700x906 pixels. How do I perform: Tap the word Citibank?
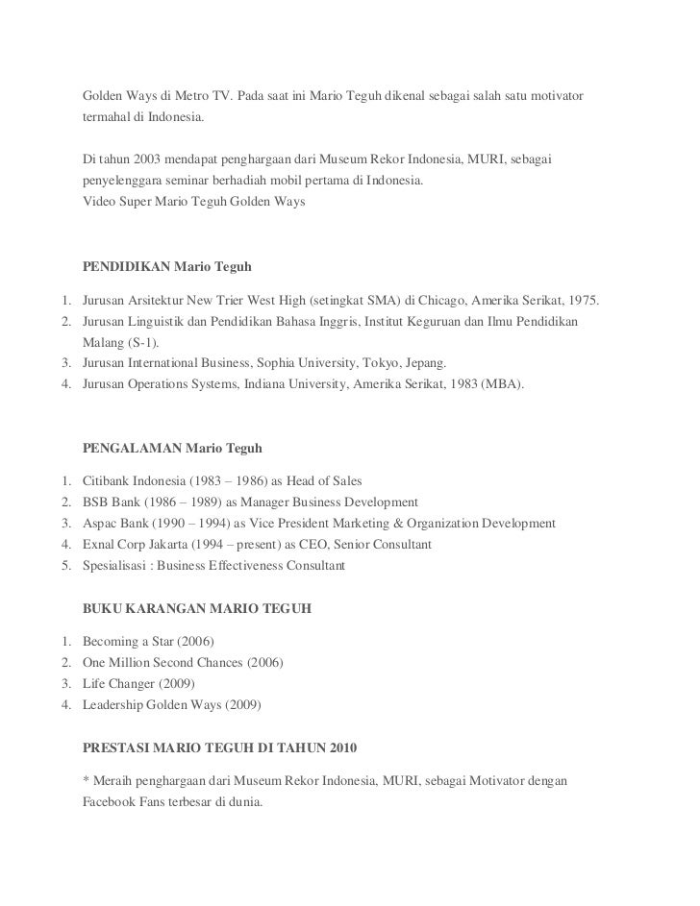(x=109, y=479)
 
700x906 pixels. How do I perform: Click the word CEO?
(x=285, y=545)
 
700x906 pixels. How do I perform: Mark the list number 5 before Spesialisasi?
(x=63, y=567)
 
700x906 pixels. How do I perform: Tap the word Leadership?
(x=116, y=705)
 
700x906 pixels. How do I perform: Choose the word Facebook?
(x=112, y=801)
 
